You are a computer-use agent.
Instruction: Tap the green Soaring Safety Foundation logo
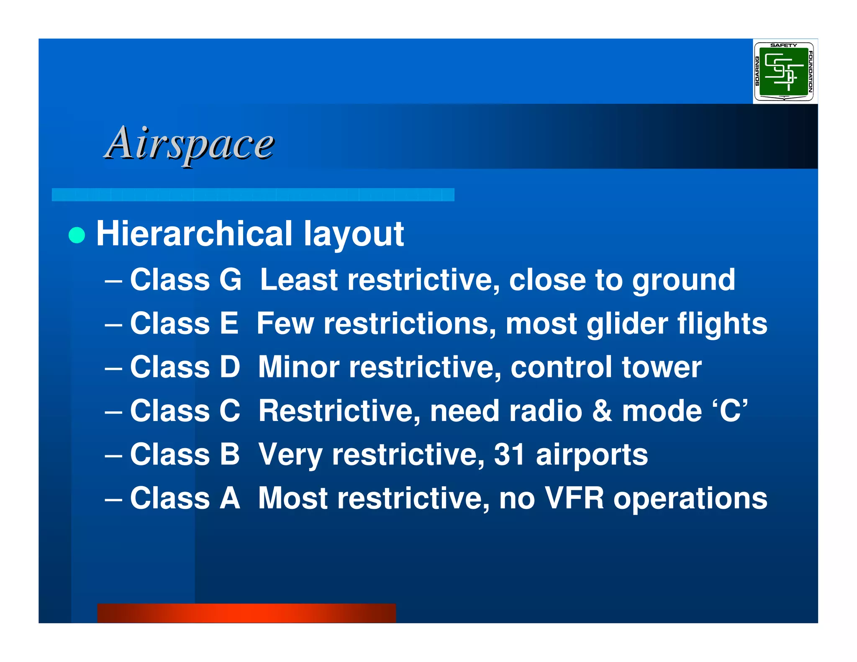tap(784, 72)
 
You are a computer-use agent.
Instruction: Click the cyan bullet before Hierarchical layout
tap(77, 235)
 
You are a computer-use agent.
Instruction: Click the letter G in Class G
tap(231, 280)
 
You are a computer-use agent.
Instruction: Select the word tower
tap(662, 367)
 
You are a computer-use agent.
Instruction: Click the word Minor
tap(299, 367)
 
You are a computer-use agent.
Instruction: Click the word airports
tap(592, 454)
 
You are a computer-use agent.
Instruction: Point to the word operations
tap(690, 499)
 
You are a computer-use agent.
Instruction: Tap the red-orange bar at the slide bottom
tap(246, 613)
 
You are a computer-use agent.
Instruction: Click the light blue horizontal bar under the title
tap(253, 195)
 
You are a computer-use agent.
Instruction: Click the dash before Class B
tap(113, 455)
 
